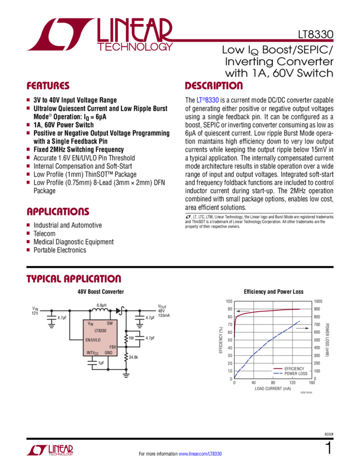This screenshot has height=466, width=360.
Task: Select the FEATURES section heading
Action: [48, 87]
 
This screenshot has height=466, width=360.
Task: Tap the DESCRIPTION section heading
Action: [213, 87]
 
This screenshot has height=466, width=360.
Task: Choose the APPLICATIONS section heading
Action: [58, 212]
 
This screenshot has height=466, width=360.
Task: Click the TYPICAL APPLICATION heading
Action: [73, 280]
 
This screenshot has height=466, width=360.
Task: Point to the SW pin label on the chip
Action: [110, 323]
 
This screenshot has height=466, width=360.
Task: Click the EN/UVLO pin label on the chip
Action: [96, 339]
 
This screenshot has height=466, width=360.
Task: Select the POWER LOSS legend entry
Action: [296, 374]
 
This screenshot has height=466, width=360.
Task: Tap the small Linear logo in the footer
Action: [50, 450]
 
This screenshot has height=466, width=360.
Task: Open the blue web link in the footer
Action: [200, 454]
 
